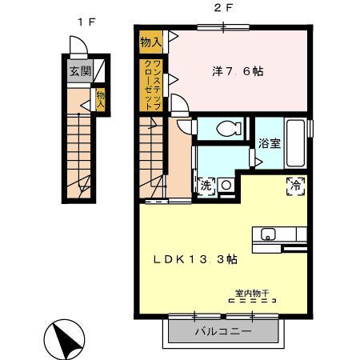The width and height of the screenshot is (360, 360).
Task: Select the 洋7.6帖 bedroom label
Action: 238,70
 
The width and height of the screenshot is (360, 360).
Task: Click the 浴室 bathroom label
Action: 268,144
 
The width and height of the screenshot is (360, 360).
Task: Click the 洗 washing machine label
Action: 206,185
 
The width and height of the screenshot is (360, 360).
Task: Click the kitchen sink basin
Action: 266,234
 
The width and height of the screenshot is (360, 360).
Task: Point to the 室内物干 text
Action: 252,294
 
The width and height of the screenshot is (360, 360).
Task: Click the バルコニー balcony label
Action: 223,330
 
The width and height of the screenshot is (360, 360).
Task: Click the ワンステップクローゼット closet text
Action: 152,84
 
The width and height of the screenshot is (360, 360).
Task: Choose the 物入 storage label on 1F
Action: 100,98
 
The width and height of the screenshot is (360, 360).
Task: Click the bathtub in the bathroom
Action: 296,144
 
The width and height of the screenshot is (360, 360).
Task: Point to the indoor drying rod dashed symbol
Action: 252,302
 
